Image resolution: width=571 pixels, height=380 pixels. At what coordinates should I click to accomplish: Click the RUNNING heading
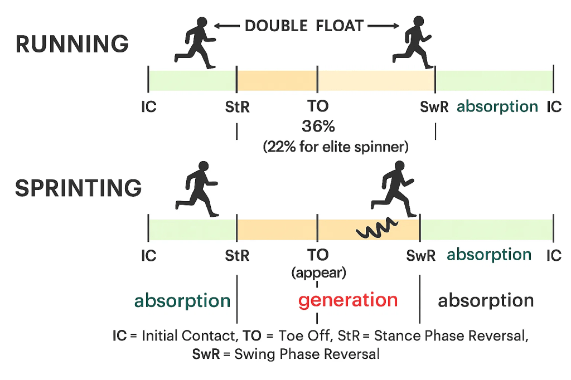(72, 44)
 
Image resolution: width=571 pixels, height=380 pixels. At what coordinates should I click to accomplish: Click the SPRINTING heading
(79, 188)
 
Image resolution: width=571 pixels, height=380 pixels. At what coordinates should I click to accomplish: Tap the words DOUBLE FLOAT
(304, 26)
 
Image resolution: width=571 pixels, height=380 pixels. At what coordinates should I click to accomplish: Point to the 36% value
(317, 126)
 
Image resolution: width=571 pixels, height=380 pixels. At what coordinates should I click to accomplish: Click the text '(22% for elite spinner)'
(336, 148)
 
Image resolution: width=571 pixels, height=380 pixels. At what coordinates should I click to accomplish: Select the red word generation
(348, 300)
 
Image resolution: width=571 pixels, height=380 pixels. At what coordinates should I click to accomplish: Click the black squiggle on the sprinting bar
(377, 228)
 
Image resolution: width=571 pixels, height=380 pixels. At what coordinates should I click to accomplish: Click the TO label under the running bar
(318, 106)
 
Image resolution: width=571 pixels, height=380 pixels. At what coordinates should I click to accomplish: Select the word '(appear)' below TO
(318, 273)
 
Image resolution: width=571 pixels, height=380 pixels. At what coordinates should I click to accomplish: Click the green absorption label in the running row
(497, 106)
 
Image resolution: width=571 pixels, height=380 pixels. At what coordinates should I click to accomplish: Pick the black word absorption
(486, 301)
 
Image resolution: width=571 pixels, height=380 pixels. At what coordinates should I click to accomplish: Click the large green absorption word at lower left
(182, 301)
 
